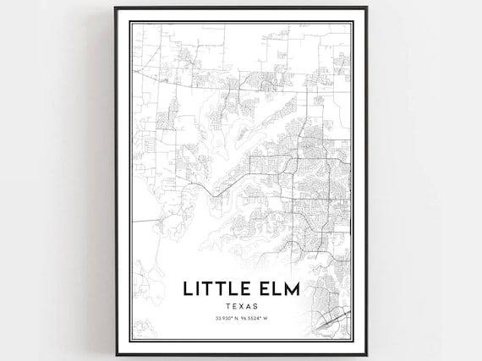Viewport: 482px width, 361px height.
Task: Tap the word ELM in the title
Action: pyautogui.click(x=279, y=290)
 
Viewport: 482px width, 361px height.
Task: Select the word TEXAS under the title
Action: pyautogui.click(x=241, y=306)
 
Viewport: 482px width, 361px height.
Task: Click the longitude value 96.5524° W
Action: pyautogui.click(x=258, y=319)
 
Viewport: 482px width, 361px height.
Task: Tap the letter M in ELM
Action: pyautogui.click(x=293, y=290)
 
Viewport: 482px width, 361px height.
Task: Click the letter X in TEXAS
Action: pyautogui.click(x=241, y=306)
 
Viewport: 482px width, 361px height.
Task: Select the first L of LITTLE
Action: pyautogui.click(x=188, y=290)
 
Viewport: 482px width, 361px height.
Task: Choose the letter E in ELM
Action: pyautogui.click(x=266, y=290)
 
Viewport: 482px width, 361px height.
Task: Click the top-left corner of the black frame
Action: pyautogui.click(x=116, y=8)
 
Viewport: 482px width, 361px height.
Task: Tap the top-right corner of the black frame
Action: pyautogui.click(x=366, y=8)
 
